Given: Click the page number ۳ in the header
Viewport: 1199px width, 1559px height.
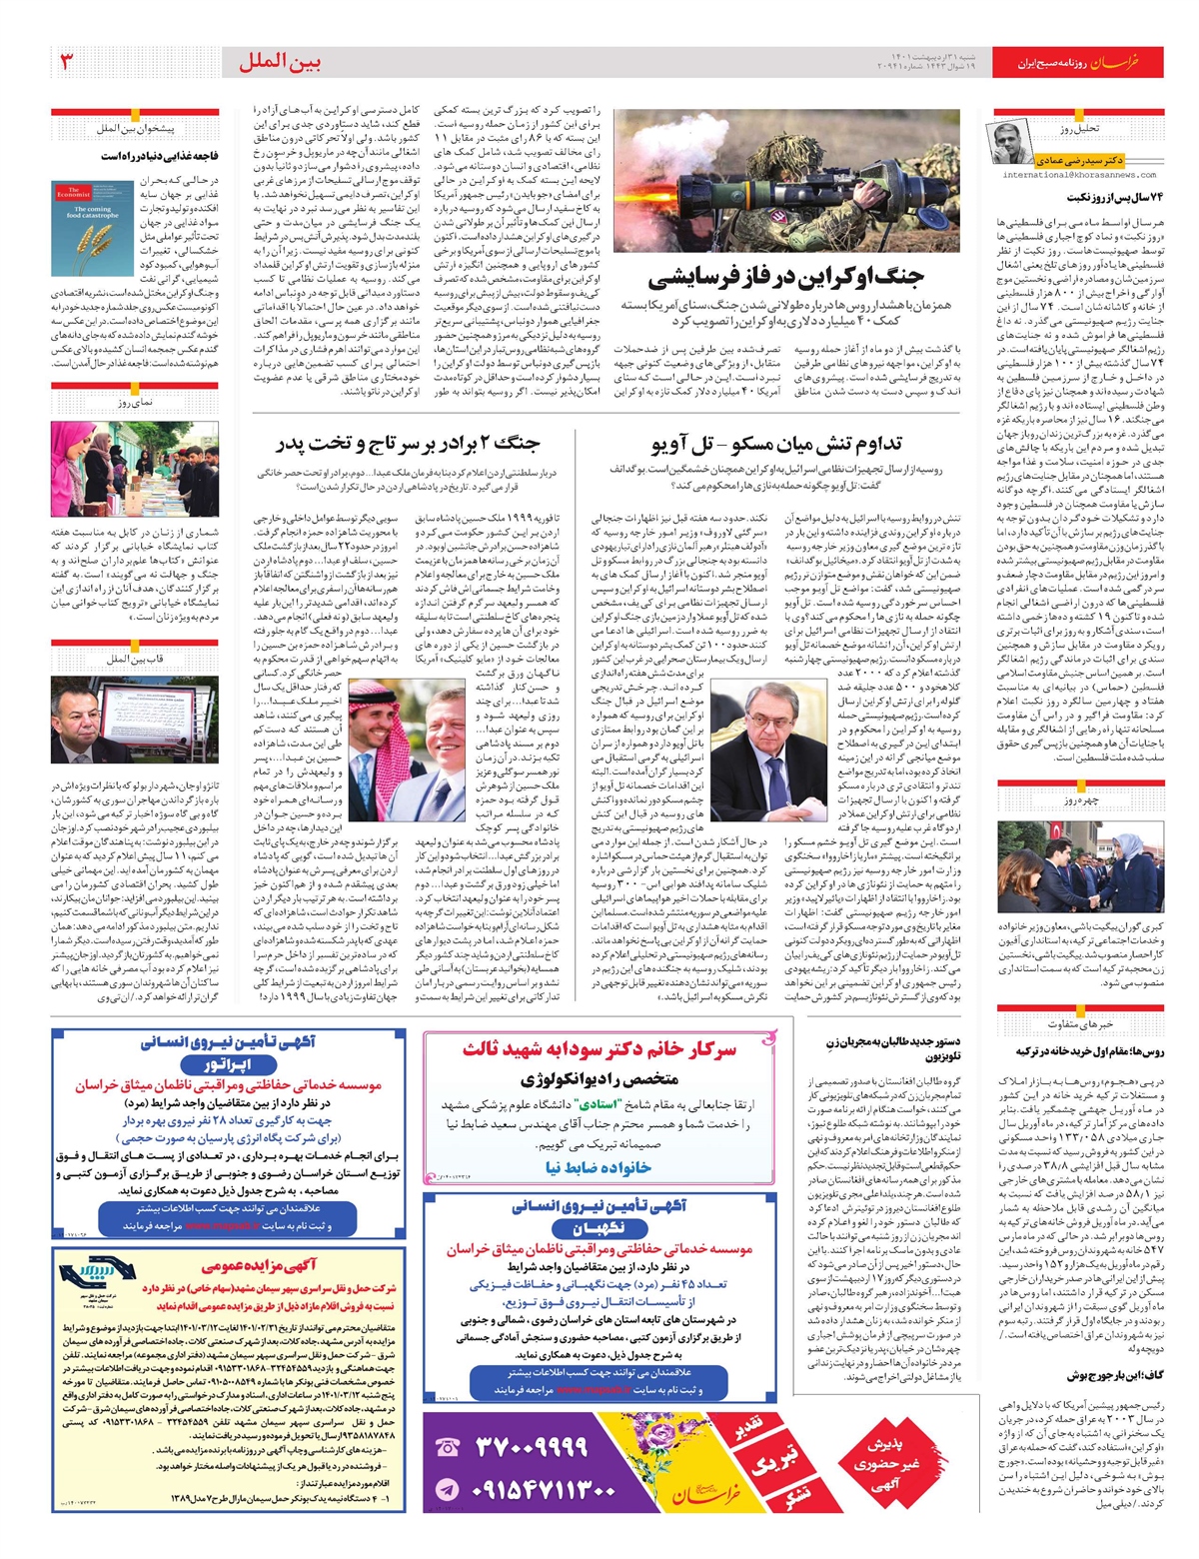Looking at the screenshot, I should (67, 62).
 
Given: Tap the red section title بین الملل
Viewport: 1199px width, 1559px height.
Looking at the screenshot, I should (280, 63).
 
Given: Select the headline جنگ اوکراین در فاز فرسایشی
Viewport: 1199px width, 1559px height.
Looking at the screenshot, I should (785, 277).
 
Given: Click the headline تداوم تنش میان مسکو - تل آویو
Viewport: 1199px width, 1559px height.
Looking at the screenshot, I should (775, 443).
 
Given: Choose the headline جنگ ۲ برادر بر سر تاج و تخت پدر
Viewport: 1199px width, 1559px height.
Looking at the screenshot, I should (407, 443).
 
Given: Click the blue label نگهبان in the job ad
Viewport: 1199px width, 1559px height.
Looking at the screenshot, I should (599, 1228).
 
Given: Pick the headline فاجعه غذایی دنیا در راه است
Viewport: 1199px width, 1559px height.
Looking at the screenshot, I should (159, 156).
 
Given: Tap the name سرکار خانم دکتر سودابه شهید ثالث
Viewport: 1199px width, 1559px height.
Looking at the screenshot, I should (599, 1049).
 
